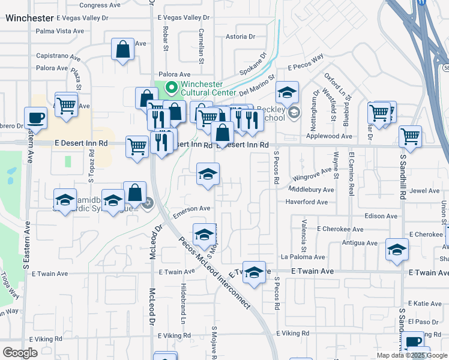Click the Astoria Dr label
pos(240,37)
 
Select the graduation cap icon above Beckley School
pos(288,92)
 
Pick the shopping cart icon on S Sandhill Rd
pos(410,136)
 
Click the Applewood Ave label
pos(329,136)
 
